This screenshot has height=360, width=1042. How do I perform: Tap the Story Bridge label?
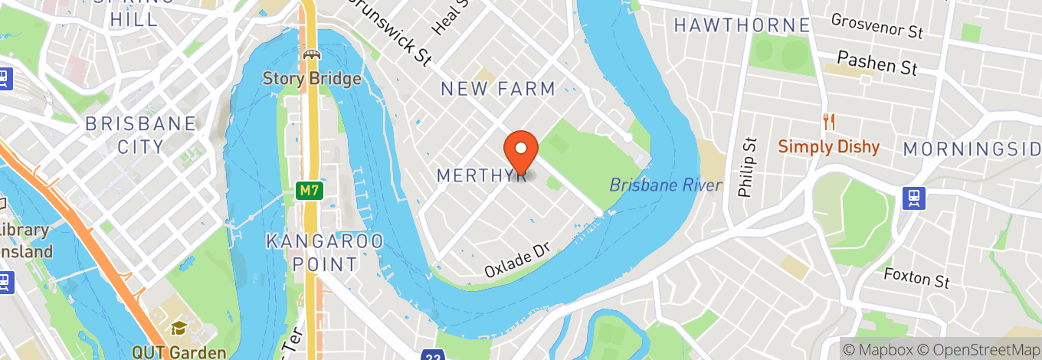tap(312, 78)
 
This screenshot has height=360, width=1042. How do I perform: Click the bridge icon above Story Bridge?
tap(312, 54)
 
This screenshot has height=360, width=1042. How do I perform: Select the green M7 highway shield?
tap(309, 191)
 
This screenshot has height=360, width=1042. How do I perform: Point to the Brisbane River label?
tap(666, 185)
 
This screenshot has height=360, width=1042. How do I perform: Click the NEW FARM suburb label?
tap(498, 89)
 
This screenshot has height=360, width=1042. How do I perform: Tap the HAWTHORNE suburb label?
tap(742, 25)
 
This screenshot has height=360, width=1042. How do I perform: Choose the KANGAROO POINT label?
tap(325, 253)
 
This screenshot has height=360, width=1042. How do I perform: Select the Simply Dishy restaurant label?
tap(829, 146)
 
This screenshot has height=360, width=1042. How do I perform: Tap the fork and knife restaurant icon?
tap(828, 121)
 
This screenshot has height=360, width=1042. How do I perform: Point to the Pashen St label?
tap(877, 62)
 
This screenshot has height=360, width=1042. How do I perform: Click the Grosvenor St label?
tap(877, 25)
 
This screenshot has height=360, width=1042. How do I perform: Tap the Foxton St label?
tap(916, 277)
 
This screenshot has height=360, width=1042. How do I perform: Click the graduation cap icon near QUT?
tap(179, 329)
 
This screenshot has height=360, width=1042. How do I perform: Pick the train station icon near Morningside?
tap(915, 198)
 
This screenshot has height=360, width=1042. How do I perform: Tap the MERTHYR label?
tap(480, 175)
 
